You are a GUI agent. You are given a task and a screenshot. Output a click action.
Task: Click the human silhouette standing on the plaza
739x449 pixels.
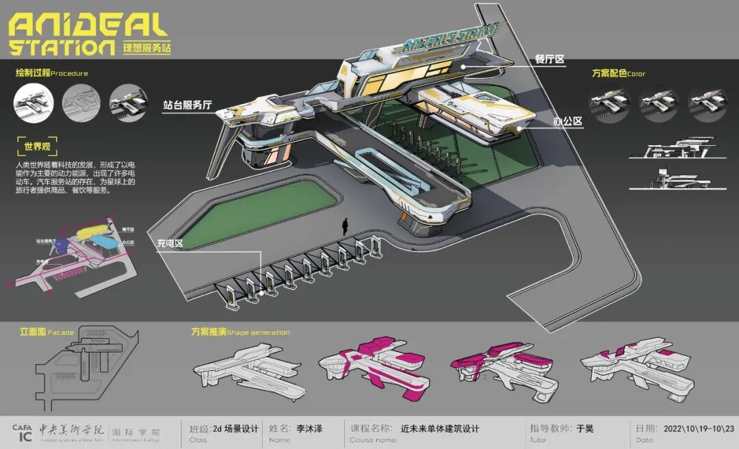pos(347,227)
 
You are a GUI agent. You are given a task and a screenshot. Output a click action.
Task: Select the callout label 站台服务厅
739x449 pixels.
pos(187,105)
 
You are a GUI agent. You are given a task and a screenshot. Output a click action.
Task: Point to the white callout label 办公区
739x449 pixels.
pos(567,121)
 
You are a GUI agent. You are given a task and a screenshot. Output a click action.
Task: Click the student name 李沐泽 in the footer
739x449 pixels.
pos(309,429)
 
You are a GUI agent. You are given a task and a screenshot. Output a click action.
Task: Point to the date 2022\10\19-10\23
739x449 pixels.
pos(699,429)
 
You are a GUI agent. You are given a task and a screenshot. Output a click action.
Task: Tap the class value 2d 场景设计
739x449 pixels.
pos(236,429)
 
